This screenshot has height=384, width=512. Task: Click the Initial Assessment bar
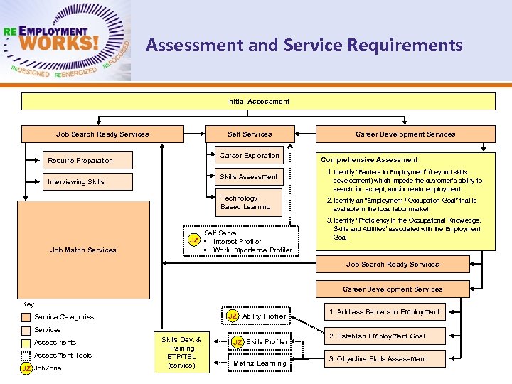click(x=258, y=102)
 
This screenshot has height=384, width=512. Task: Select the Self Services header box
click(x=250, y=134)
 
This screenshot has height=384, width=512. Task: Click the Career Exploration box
click(x=250, y=156)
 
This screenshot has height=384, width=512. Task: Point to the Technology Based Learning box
click(x=245, y=203)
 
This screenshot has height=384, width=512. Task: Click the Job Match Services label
click(x=83, y=250)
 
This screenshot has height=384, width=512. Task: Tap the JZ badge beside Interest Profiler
click(x=193, y=240)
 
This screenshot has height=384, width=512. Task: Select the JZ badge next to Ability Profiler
click(x=233, y=316)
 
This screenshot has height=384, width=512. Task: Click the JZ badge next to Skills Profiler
click(x=237, y=342)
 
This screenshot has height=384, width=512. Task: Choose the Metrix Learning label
click(x=260, y=363)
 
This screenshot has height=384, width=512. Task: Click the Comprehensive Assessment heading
click(x=369, y=160)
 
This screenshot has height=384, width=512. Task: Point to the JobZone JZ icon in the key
click(x=26, y=368)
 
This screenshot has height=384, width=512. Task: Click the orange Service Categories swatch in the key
click(x=26, y=317)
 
